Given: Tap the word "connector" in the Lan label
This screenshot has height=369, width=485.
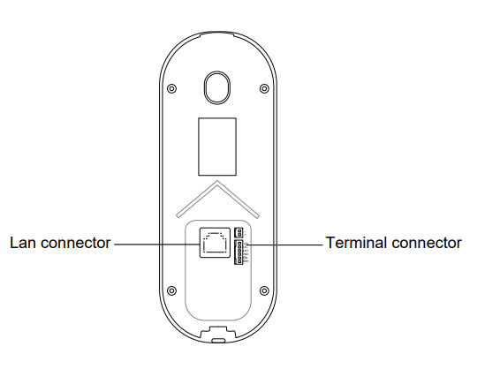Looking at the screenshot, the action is point(76,243).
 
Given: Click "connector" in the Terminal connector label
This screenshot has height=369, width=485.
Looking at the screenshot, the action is point(427,243).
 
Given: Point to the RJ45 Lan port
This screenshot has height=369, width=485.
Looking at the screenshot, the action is point(215,243).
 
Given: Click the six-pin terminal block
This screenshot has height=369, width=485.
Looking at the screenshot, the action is point(239,252).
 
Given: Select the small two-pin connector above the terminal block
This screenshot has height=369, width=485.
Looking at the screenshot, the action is point(239,232).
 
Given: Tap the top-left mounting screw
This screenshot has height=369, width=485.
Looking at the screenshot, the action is point(171,88).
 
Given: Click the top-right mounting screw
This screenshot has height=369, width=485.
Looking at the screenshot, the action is point(264,88).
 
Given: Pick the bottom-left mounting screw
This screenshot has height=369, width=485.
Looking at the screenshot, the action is point(171,290).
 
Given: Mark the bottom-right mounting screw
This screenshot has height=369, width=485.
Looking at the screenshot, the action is point(264,290).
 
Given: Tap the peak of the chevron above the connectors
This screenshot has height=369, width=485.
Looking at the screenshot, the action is point(217,181).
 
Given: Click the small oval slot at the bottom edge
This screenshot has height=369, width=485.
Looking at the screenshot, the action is point(218,340).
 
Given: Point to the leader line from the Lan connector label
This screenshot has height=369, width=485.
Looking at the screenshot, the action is point(157,245).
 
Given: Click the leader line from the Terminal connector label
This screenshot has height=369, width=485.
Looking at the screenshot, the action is point(284,245).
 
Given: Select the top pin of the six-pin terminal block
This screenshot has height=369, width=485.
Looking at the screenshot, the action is point(239,244).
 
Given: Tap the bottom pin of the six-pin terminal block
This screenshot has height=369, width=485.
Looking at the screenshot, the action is point(239,261).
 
